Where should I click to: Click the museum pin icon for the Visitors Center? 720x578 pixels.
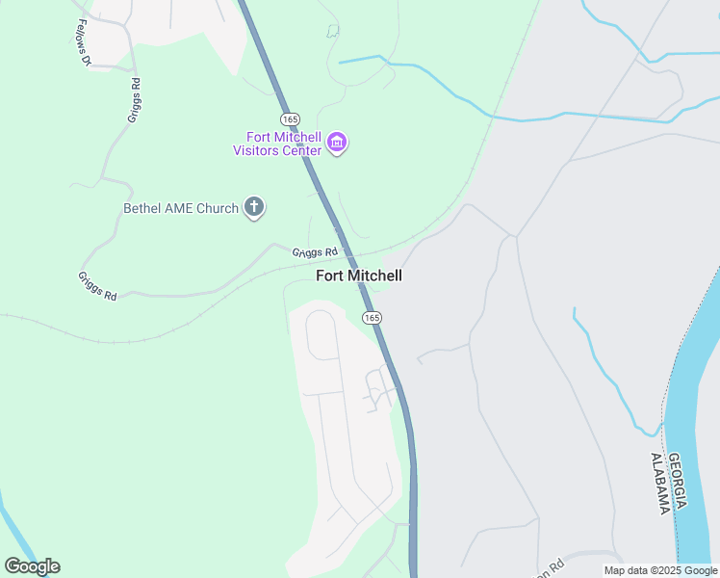[x=337, y=144]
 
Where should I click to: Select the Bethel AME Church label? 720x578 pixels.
[x=181, y=208]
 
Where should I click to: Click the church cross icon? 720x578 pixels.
[x=254, y=207]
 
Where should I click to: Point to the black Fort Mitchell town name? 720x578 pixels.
[x=359, y=276]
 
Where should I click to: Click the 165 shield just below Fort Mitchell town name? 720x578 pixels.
[x=373, y=317]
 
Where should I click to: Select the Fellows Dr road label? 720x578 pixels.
[x=82, y=43]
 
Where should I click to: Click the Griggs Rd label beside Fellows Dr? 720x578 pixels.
[x=135, y=99]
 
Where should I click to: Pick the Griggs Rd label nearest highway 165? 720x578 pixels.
[x=316, y=252]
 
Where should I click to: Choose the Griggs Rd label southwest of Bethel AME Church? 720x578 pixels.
[x=97, y=286]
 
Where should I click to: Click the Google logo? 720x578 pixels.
[x=32, y=566]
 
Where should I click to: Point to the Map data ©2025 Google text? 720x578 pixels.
[x=660, y=570]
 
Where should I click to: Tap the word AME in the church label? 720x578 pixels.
[x=197, y=208]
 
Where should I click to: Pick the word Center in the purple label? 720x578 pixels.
[x=302, y=150]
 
